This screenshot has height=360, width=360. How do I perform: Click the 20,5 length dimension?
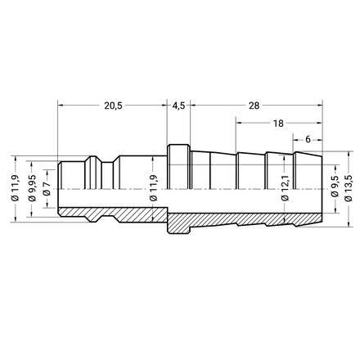tap(113, 106)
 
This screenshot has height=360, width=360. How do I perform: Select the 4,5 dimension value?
tap(178, 106)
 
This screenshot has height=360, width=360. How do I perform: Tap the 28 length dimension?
tap(254, 106)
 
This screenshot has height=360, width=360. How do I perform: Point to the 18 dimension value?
tap(278, 124)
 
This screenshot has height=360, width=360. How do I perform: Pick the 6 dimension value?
tap(308, 139)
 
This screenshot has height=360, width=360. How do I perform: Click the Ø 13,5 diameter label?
tap(349, 188)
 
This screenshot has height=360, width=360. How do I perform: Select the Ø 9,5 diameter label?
tap(335, 188)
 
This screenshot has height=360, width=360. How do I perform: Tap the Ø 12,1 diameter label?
tap(285, 188)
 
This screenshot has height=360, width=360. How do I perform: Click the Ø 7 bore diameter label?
tap(47, 188)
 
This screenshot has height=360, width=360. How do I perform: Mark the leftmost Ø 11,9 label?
tap(16, 188)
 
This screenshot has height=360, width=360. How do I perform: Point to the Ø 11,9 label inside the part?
tap(154, 188)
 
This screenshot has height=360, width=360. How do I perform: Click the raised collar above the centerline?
tap(178, 166)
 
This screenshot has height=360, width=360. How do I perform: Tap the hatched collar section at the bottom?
tap(178, 223)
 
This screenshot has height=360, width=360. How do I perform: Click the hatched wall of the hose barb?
tap(245, 219)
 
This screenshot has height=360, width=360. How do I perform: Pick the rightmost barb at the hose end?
tap(308, 170)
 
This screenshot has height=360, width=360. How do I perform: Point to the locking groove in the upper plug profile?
tap(107, 175)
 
